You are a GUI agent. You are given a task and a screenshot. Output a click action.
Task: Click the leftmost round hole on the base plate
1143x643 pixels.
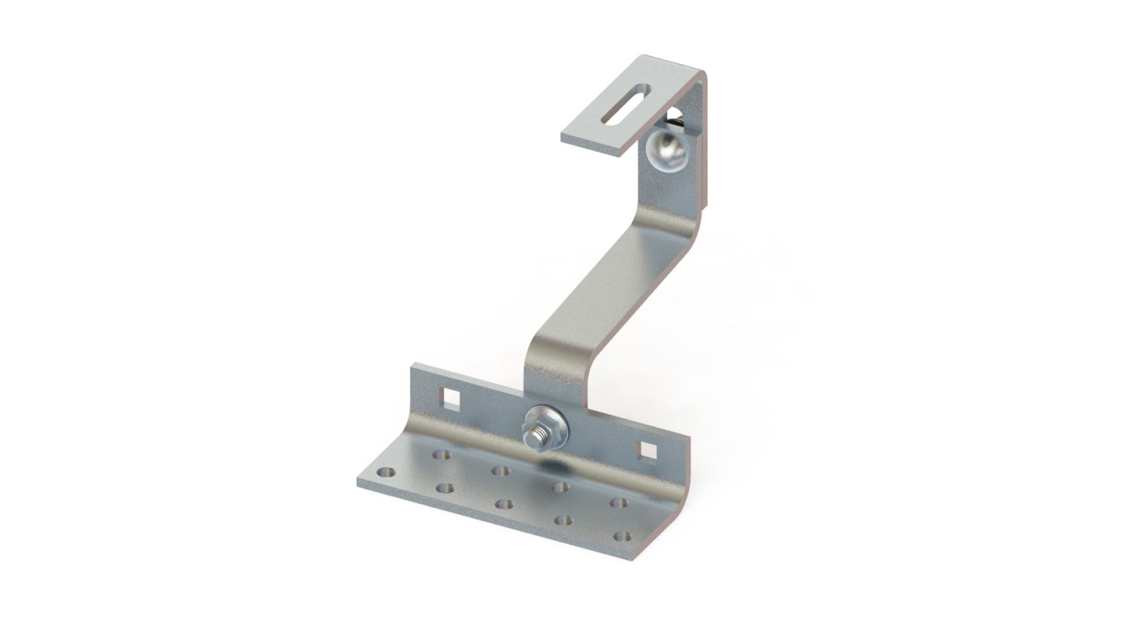click(x=386, y=472)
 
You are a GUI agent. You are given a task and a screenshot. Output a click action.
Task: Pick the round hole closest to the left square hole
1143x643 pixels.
click(x=441, y=454)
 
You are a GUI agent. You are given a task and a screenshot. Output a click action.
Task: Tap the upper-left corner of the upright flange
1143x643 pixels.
click(x=413, y=368)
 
